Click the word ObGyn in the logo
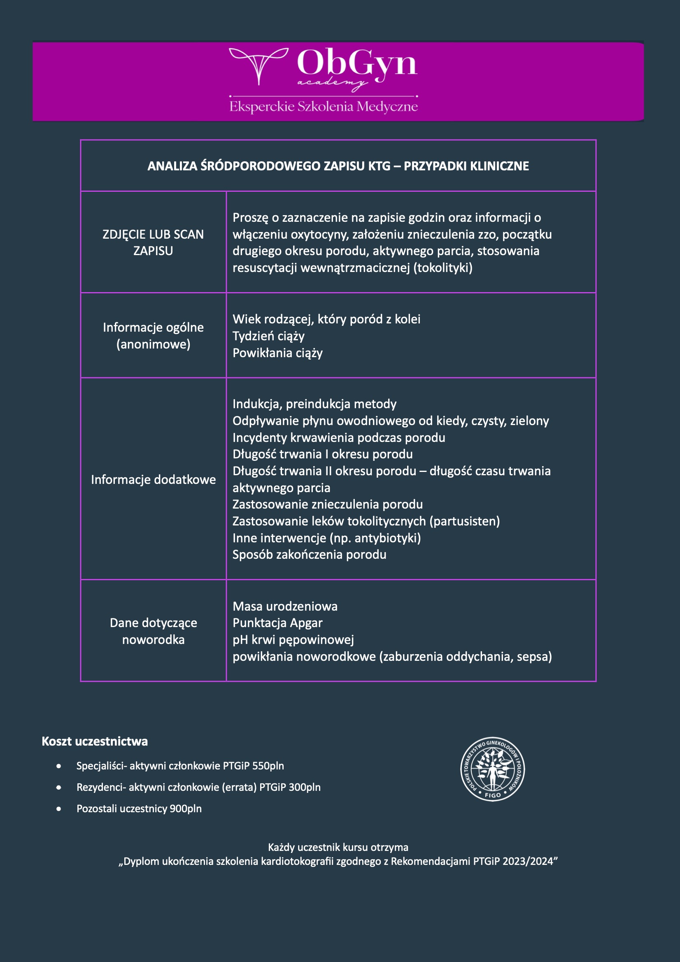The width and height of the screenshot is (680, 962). coord(357,64)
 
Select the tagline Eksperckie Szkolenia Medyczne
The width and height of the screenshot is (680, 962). coord(323,107)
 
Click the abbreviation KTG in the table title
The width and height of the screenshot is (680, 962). coord(379,166)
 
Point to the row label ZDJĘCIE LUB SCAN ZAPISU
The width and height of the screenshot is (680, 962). coord(153,242)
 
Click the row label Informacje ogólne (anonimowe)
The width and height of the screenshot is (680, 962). coord(153,336)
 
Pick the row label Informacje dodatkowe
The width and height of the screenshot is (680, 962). coord(153,479)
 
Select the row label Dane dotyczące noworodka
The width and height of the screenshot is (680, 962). coord(153,631)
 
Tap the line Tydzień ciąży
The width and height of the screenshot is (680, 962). coord(268,336)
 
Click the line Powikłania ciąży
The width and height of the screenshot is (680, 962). coord(277,353)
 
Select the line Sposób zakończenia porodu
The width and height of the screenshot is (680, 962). coord(310,554)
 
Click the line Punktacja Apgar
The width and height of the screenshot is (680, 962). coord(277,623)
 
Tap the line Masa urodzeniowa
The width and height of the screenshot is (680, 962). coord(285,606)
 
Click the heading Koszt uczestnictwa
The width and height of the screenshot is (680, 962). coord(95,741)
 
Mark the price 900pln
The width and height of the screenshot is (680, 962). coord(185,808)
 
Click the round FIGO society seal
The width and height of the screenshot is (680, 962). coord(493,769)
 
